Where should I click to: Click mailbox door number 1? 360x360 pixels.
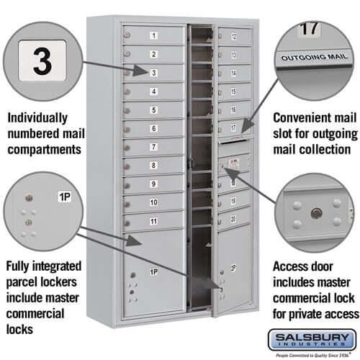(x=153, y=35)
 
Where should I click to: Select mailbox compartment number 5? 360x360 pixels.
(x=153, y=110)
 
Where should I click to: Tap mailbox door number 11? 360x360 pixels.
(x=153, y=222)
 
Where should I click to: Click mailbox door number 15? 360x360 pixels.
(x=234, y=91)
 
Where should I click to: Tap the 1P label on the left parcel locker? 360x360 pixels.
(x=153, y=272)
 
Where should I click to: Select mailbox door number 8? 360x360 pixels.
(x=153, y=166)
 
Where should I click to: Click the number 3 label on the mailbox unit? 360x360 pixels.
(x=153, y=73)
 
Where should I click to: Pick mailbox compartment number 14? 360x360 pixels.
(x=234, y=73)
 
